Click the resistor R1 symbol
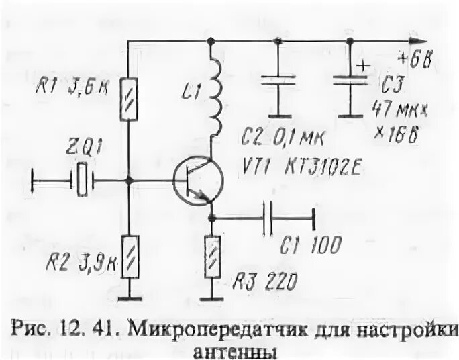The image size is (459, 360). [x=129, y=99]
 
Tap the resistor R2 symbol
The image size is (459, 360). [x=130, y=257]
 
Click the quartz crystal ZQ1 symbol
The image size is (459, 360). [x=82, y=180]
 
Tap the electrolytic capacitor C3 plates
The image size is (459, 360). [x=350, y=80]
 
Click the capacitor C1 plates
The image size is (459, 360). [x=268, y=217]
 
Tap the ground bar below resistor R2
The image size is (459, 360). [x=130, y=298]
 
